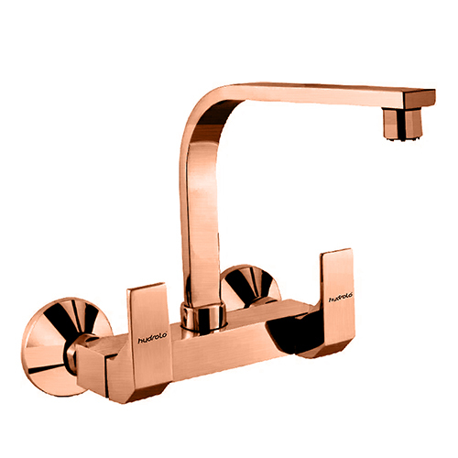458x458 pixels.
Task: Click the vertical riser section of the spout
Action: coord(194,211)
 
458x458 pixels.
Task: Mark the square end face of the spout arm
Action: coord(426,96)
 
